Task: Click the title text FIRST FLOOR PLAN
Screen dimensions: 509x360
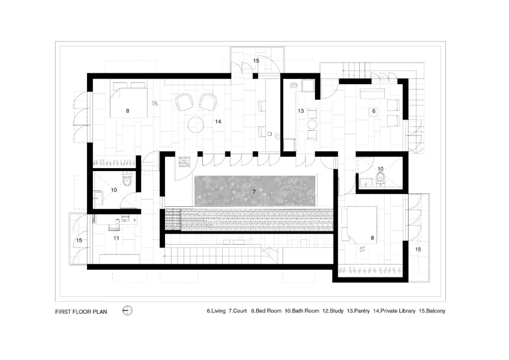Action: click(81, 312)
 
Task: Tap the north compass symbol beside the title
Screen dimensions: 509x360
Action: click(127, 311)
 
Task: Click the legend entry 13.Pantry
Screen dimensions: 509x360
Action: click(358, 311)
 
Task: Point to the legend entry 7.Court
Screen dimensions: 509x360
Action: click(238, 311)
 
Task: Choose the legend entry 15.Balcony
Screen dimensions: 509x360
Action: click(432, 311)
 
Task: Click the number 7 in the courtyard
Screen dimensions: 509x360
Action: click(254, 192)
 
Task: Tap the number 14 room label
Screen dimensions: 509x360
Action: click(218, 121)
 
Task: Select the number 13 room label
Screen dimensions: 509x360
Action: click(301, 111)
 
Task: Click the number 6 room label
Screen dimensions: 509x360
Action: click(374, 111)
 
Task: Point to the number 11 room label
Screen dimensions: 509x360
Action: click(116, 238)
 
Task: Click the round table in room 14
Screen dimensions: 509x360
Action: click(196, 125)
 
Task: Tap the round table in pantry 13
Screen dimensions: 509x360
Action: click(312, 124)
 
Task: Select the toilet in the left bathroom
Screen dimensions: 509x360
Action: click(127, 180)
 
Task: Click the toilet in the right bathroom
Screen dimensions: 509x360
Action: click(380, 178)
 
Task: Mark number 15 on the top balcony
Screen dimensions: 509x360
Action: click(256, 61)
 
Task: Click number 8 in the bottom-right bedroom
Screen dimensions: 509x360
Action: click(372, 238)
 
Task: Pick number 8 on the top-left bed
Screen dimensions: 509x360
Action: click(128, 111)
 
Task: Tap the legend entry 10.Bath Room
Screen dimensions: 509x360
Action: click(302, 311)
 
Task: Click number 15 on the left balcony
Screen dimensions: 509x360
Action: click(79, 241)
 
